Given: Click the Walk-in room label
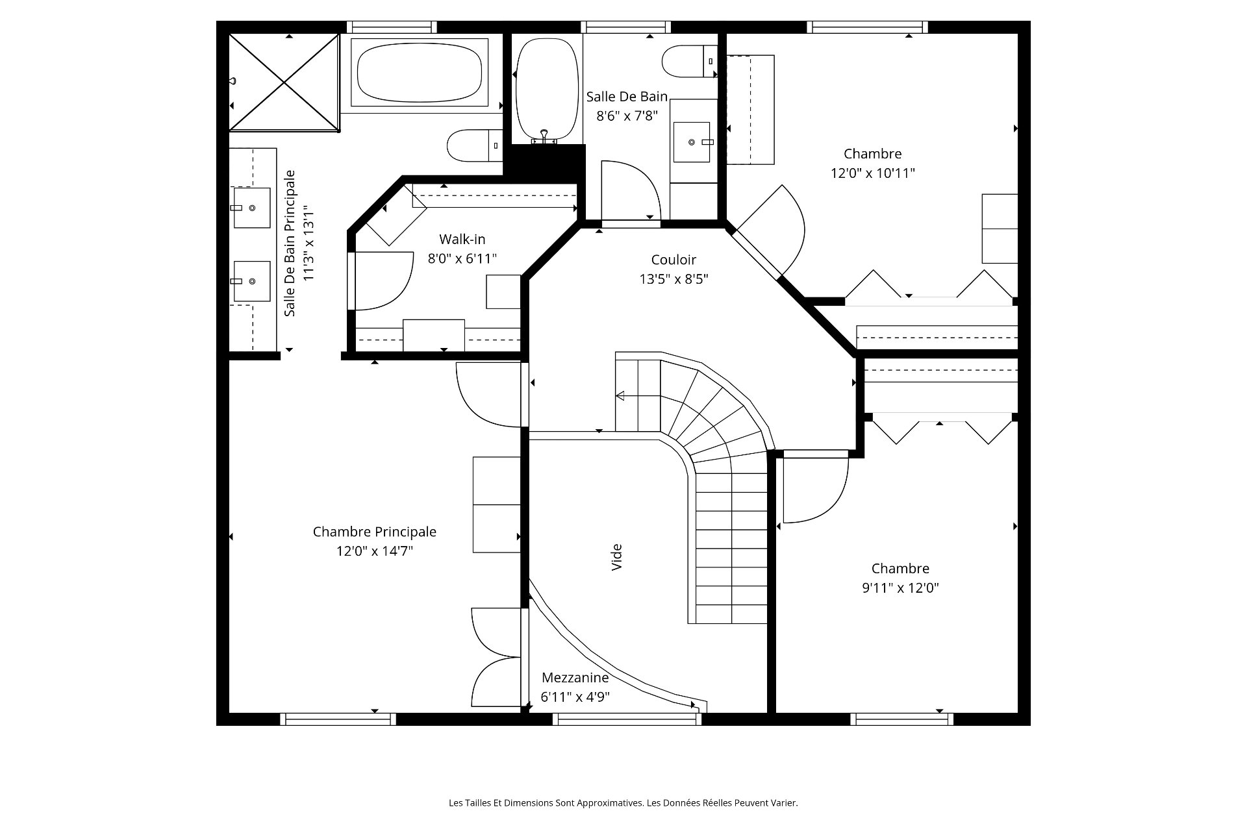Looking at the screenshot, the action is pyautogui.click(x=462, y=239).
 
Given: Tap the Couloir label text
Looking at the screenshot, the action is pyautogui.click(x=674, y=260).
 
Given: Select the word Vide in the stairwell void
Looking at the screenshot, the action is pyautogui.click(x=617, y=557).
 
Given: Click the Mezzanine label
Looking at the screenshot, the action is pyautogui.click(x=575, y=678).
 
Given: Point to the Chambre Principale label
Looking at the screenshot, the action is pyautogui.click(x=375, y=532).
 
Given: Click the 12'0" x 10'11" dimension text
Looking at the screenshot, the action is pyautogui.click(x=873, y=173).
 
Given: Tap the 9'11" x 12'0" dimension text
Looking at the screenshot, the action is pyautogui.click(x=900, y=588).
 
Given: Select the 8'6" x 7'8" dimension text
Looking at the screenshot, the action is pyautogui.click(x=627, y=116).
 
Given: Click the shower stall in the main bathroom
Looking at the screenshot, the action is pyautogui.click(x=284, y=82).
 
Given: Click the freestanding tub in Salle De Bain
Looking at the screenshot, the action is pyautogui.click(x=546, y=90).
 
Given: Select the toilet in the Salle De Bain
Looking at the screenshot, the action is pyautogui.click(x=690, y=61).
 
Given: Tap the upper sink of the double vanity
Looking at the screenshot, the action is pyautogui.click(x=252, y=208).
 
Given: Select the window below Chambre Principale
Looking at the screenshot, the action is pyautogui.click(x=338, y=719).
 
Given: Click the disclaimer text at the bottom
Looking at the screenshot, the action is pyautogui.click(x=623, y=803).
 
